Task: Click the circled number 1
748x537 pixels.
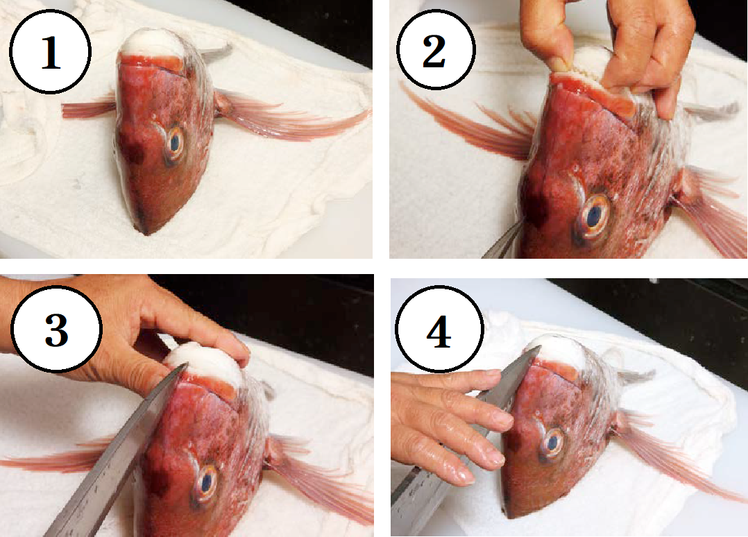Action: click(x=50, y=51)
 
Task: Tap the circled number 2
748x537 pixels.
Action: click(x=434, y=49)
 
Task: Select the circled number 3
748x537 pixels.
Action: click(x=56, y=329)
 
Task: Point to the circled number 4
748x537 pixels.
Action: click(x=439, y=330)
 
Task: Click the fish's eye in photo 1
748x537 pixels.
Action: click(x=175, y=142)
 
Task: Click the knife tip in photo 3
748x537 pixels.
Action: click(x=185, y=366)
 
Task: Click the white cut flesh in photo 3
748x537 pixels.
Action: click(x=208, y=366)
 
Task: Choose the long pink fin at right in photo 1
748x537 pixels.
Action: click(x=291, y=117)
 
